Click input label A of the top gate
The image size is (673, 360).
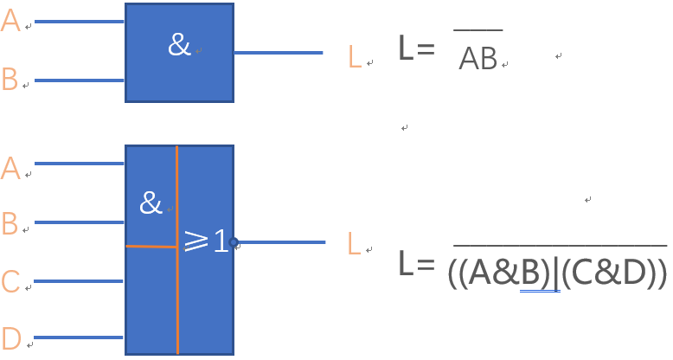[10, 21]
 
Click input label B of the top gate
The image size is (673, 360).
[10, 80]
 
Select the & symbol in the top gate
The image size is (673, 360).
[179, 45]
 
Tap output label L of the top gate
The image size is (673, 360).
[354, 57]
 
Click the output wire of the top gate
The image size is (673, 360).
[277, 53]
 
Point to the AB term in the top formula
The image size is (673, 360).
[478, 58]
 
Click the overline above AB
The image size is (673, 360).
[478, 30]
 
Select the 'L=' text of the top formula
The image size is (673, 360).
[415, 48]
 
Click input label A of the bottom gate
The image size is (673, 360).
[10, 168]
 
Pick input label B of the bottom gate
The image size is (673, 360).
[10, 224]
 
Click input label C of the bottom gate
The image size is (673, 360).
[10, 282]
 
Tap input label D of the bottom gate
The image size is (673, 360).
[10, 337]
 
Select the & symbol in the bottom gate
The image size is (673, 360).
[151, 203]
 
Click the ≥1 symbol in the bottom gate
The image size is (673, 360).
[207, 241]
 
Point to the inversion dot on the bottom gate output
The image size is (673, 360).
[234, 242]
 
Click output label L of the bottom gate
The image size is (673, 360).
[353, 244]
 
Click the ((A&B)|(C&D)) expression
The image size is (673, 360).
[558, 274]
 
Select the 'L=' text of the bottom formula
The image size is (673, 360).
[415, 264]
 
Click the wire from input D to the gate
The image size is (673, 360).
[78, 337]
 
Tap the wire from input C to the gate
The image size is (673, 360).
[78, 281]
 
